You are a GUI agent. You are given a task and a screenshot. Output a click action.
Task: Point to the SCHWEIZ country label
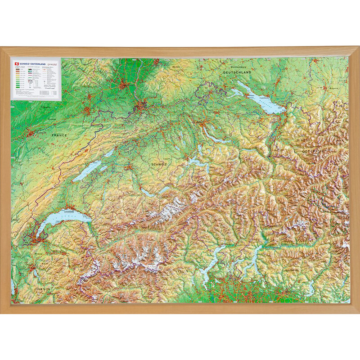click(x=159, y=165)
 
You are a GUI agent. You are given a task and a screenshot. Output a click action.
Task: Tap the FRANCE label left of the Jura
click(x=59, y=135)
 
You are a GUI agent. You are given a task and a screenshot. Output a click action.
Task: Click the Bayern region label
click(x=333, y=89)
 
